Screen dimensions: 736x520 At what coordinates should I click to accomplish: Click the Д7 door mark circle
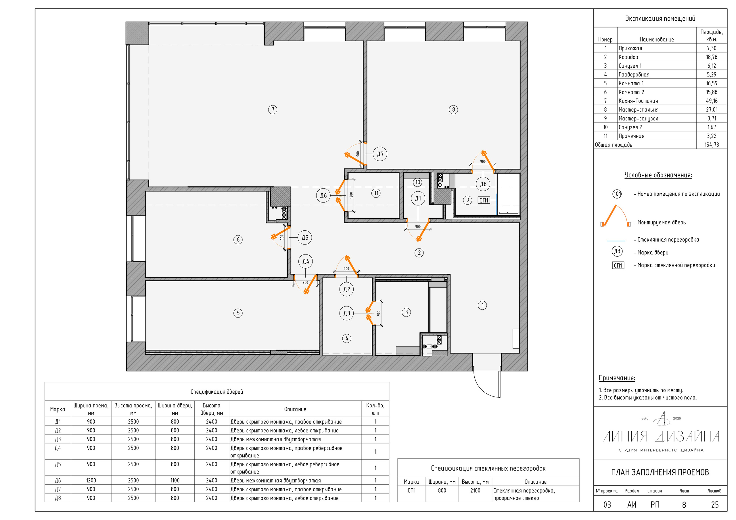point(380,154)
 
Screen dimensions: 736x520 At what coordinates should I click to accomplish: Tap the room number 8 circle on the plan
point(453,109)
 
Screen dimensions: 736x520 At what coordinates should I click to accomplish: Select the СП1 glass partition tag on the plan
point(484,200)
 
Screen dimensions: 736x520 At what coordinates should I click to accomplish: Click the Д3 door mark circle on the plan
point(346,313)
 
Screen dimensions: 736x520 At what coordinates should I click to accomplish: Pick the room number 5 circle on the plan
point(238,313)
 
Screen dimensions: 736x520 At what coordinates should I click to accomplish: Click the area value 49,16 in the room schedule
point(711,101)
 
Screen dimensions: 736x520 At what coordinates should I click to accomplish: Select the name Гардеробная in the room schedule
point(634,75)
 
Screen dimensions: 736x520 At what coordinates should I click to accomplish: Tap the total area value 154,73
point(711,145)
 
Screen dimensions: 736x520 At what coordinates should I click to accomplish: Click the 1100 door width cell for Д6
point(175,480)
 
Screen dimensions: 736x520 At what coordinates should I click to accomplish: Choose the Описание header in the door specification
point(295,409)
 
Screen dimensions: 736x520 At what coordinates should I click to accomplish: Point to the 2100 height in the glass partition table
point(475,490)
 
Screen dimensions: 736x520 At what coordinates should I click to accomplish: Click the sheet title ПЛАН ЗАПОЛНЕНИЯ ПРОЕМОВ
point(660,472)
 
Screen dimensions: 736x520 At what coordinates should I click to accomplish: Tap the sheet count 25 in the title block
point(715,504)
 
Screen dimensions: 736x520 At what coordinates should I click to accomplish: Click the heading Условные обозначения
point(658,175)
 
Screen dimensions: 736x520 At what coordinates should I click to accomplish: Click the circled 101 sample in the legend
point(617,194)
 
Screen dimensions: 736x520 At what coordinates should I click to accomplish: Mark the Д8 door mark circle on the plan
point(483,184)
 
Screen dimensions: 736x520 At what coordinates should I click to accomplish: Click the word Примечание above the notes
point(617,378)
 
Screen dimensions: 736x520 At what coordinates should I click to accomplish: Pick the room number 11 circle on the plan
point(376,193)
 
